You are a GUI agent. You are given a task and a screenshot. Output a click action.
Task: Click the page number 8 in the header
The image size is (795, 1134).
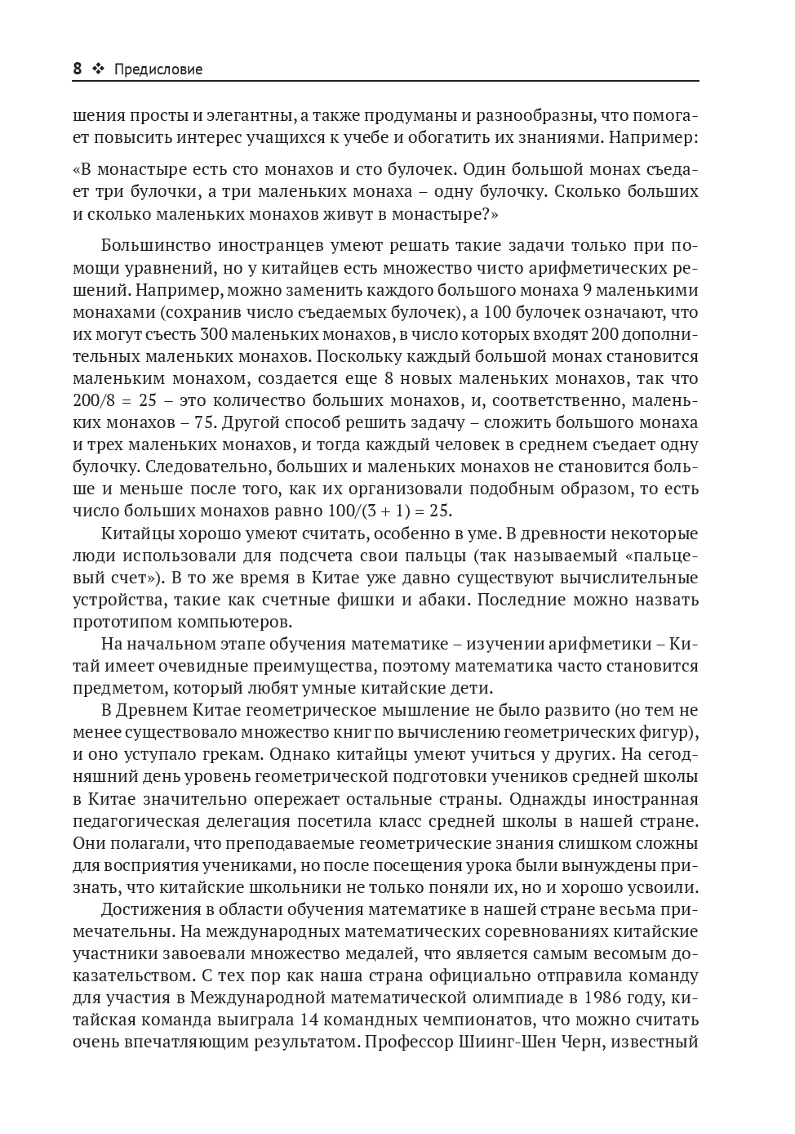(78, 69)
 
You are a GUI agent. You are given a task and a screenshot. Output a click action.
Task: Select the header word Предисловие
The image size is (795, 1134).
(158, 70)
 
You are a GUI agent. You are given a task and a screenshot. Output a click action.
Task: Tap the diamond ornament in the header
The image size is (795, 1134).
(99, 69)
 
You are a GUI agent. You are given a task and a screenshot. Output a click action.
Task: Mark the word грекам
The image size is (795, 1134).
(220, 754)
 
